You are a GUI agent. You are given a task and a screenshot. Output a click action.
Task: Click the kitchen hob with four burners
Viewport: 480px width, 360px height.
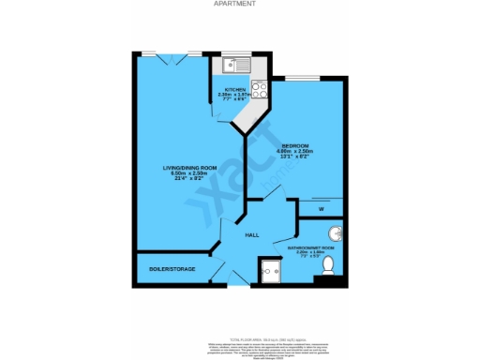pyautogui.click(x=260, y=90)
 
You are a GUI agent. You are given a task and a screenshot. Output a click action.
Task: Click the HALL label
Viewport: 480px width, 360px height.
pyautogui.click(x=252, y=235)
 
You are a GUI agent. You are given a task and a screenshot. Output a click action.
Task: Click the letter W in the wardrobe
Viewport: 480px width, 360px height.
pyautogui.click(x=321, y=209)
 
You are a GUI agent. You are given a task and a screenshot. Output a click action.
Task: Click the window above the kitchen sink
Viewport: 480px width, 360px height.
pyautogui.click(x=235, y=53)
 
